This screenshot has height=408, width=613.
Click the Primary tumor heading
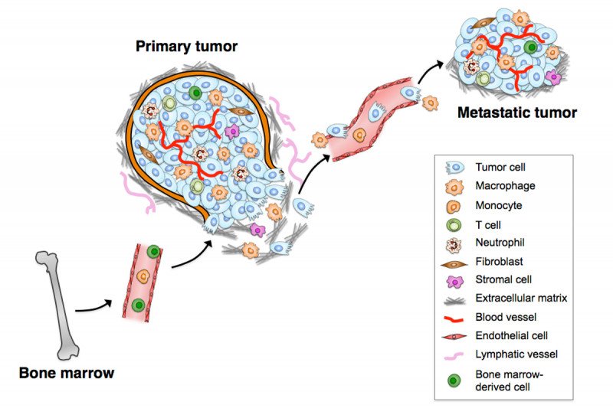click(x=186, y=46)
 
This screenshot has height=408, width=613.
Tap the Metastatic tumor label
click(x=516, y=113)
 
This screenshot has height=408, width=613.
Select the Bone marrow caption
click(x=67, y=373)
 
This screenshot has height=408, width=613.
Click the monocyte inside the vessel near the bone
click(x=143, y=277)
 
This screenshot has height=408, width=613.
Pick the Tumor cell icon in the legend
click(x=454, y=168)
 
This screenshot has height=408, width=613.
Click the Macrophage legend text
click(x=505, y=185)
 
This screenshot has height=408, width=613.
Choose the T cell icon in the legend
click(x=454, y=225)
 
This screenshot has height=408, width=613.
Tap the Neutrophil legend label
click(x=500, y=243)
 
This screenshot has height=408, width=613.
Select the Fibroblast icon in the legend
click(x=454, y=264)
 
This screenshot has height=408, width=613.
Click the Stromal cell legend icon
click(x=454, y=281)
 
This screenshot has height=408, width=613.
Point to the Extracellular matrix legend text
click(x=521, y=298)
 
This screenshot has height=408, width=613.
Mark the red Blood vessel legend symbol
click(x=454, y=318)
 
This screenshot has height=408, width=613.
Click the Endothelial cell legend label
click(x=511, y=335)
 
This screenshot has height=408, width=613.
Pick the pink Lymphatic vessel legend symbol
click(x=454, y=356)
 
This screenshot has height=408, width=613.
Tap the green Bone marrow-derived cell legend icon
click(x=454, y=380)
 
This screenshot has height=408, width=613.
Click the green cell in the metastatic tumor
click(x=530, y=47)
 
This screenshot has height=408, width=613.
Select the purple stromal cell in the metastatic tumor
click(x=553, y=77)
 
